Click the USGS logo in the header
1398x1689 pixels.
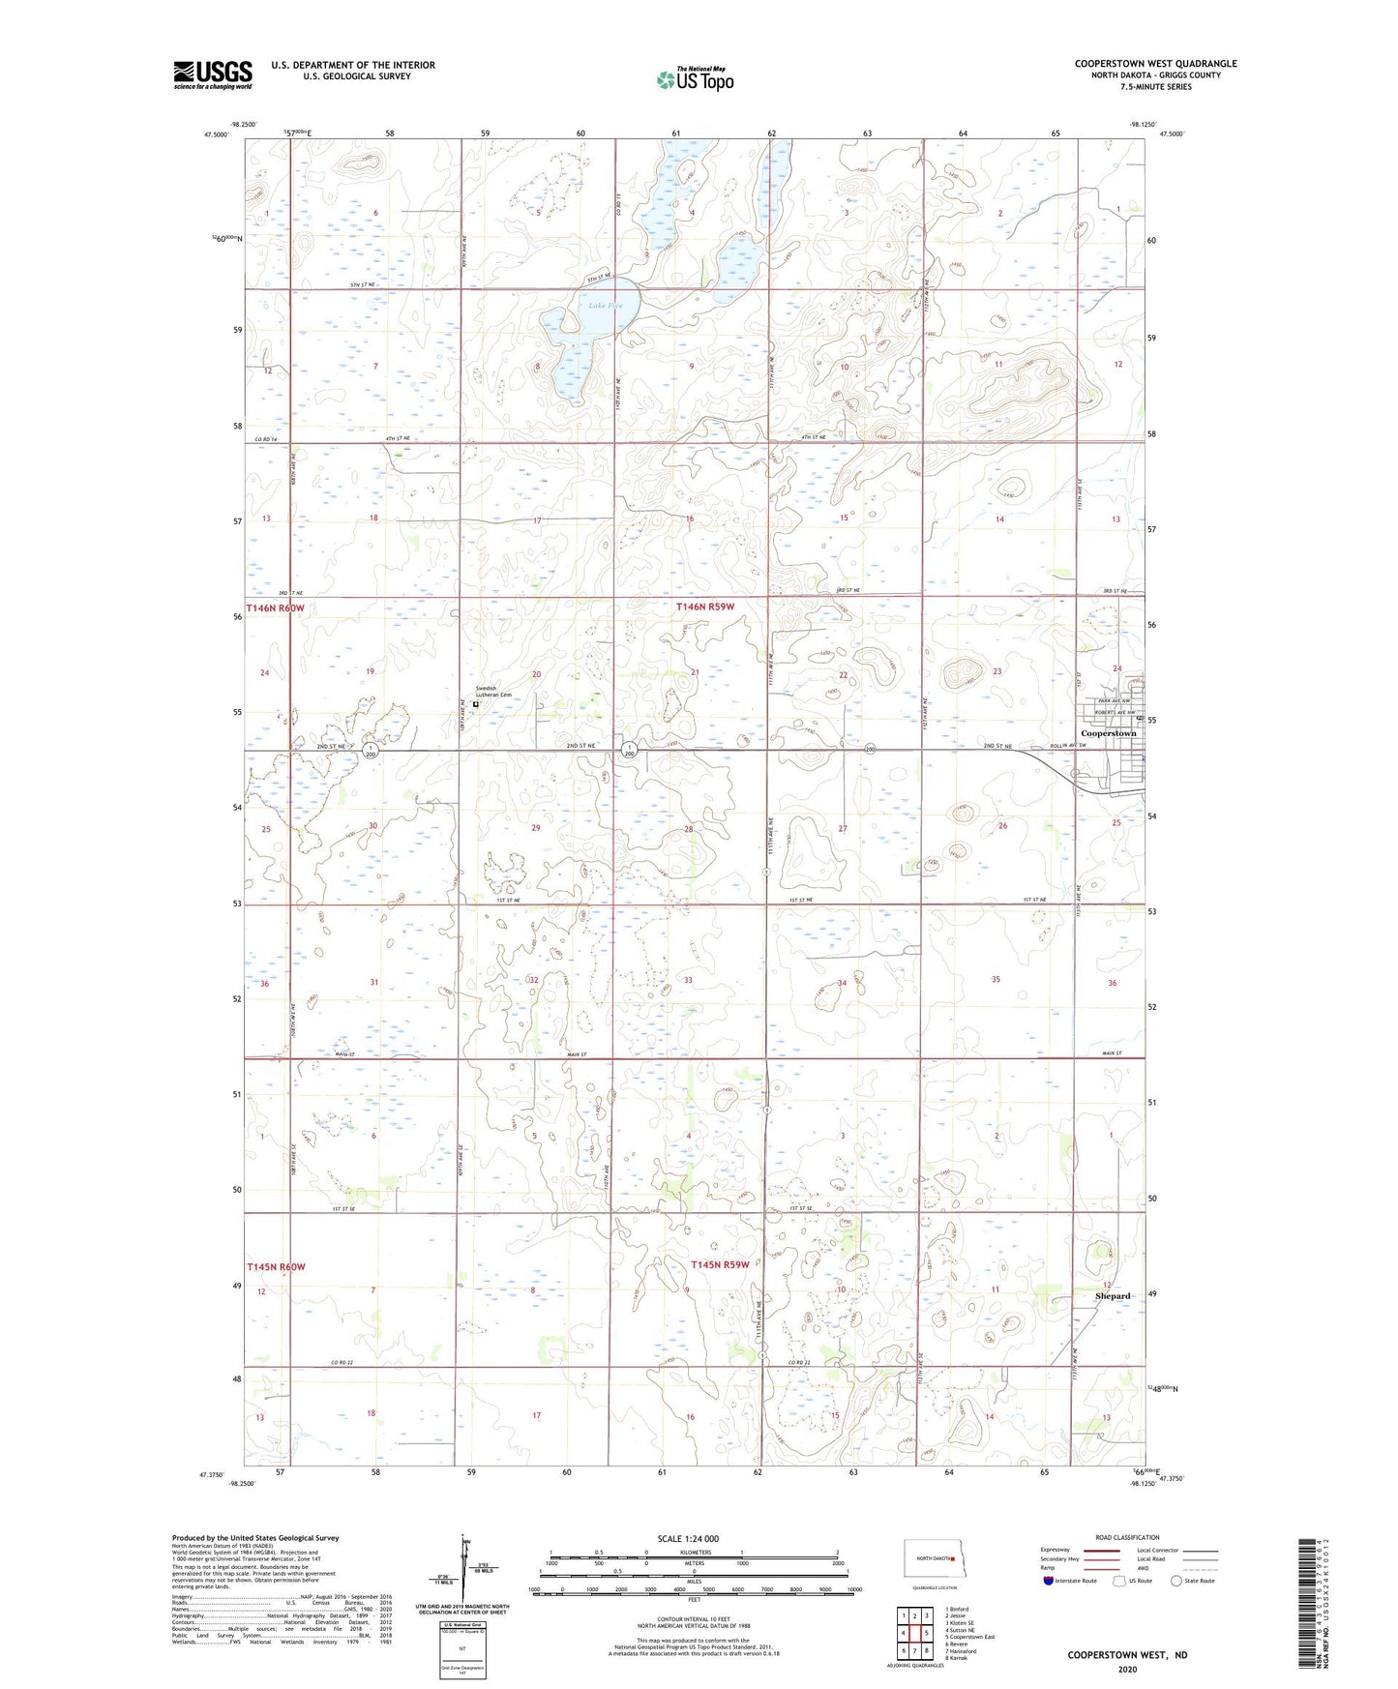pos(213,74)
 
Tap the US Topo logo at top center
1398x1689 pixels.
pos(695,79)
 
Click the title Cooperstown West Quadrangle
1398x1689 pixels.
pos(1155,64)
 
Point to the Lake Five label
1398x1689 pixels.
pos(606,306)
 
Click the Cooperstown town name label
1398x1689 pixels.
pos(1108,733)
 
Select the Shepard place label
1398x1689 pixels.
pos(1112,1296)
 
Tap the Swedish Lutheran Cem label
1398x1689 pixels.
pos(492,692)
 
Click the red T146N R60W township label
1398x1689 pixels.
pos(275,608)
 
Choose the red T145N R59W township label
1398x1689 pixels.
pos(720,1265)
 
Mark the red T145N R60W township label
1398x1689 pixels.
pos(276,1266)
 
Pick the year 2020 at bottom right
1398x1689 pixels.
pos(1127,1669)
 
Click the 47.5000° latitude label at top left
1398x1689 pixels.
pos(217,134)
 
